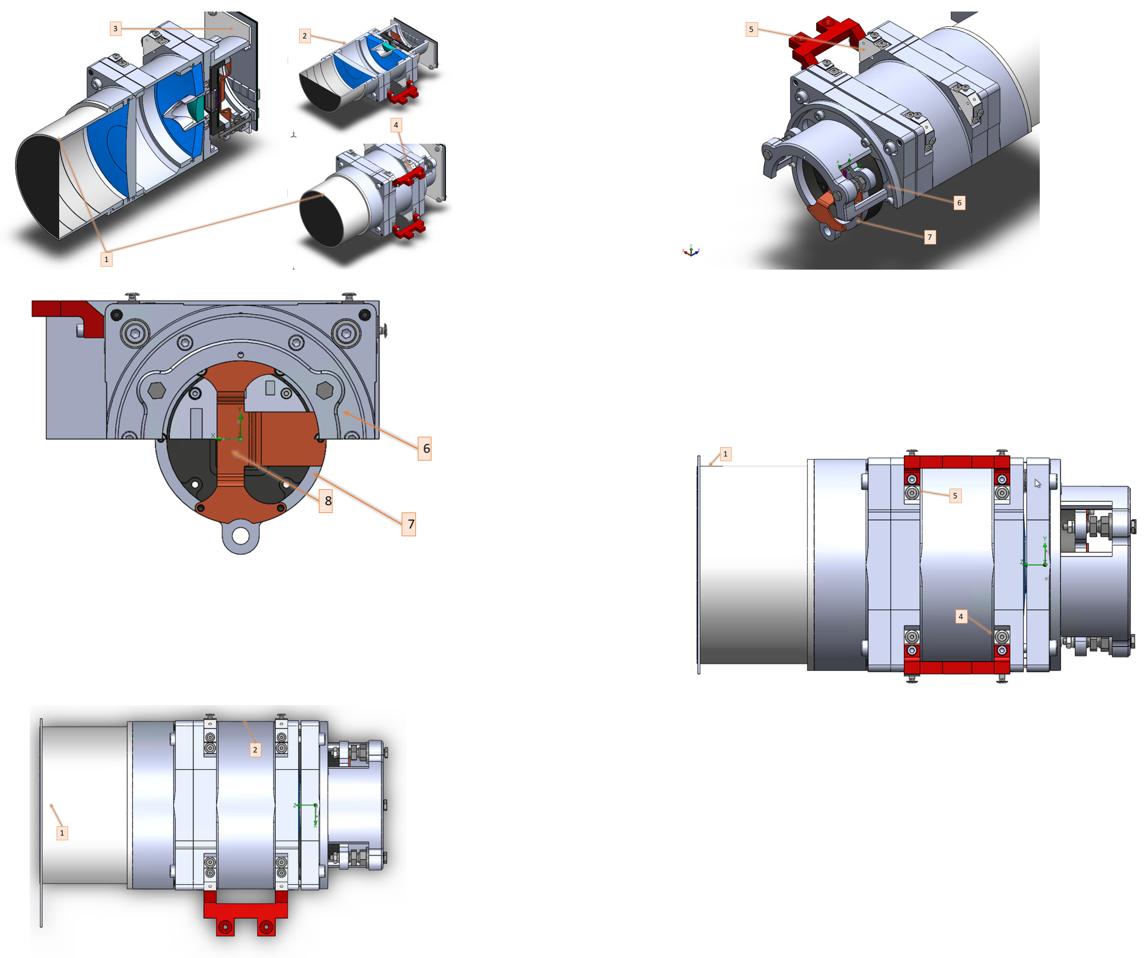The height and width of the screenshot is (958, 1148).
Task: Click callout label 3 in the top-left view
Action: [x=115, y=28]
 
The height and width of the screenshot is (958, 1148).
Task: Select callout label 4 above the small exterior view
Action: [x=396, y=125]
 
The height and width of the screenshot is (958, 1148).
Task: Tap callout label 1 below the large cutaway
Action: [x=106, y=259]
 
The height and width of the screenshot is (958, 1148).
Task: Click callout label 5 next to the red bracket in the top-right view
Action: [x=751, y=29]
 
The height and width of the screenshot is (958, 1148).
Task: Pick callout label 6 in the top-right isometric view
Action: [x=959, y=203]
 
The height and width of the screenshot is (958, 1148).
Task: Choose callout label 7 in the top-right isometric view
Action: [x=929, y=237]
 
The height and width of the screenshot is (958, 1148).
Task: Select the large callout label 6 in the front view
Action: [x=425, y=449]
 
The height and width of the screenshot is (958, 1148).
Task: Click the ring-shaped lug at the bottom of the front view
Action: [x=241, y=536]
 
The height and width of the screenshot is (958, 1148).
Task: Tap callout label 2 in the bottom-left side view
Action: [x=255, y=750]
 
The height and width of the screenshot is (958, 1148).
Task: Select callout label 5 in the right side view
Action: [x=955, y=496]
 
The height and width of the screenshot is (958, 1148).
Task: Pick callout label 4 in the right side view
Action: [x=961, y=617]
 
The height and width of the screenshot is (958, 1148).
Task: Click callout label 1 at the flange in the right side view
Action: [x=725, y=454]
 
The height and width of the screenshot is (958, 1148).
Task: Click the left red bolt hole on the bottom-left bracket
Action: [x=225, y=927]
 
